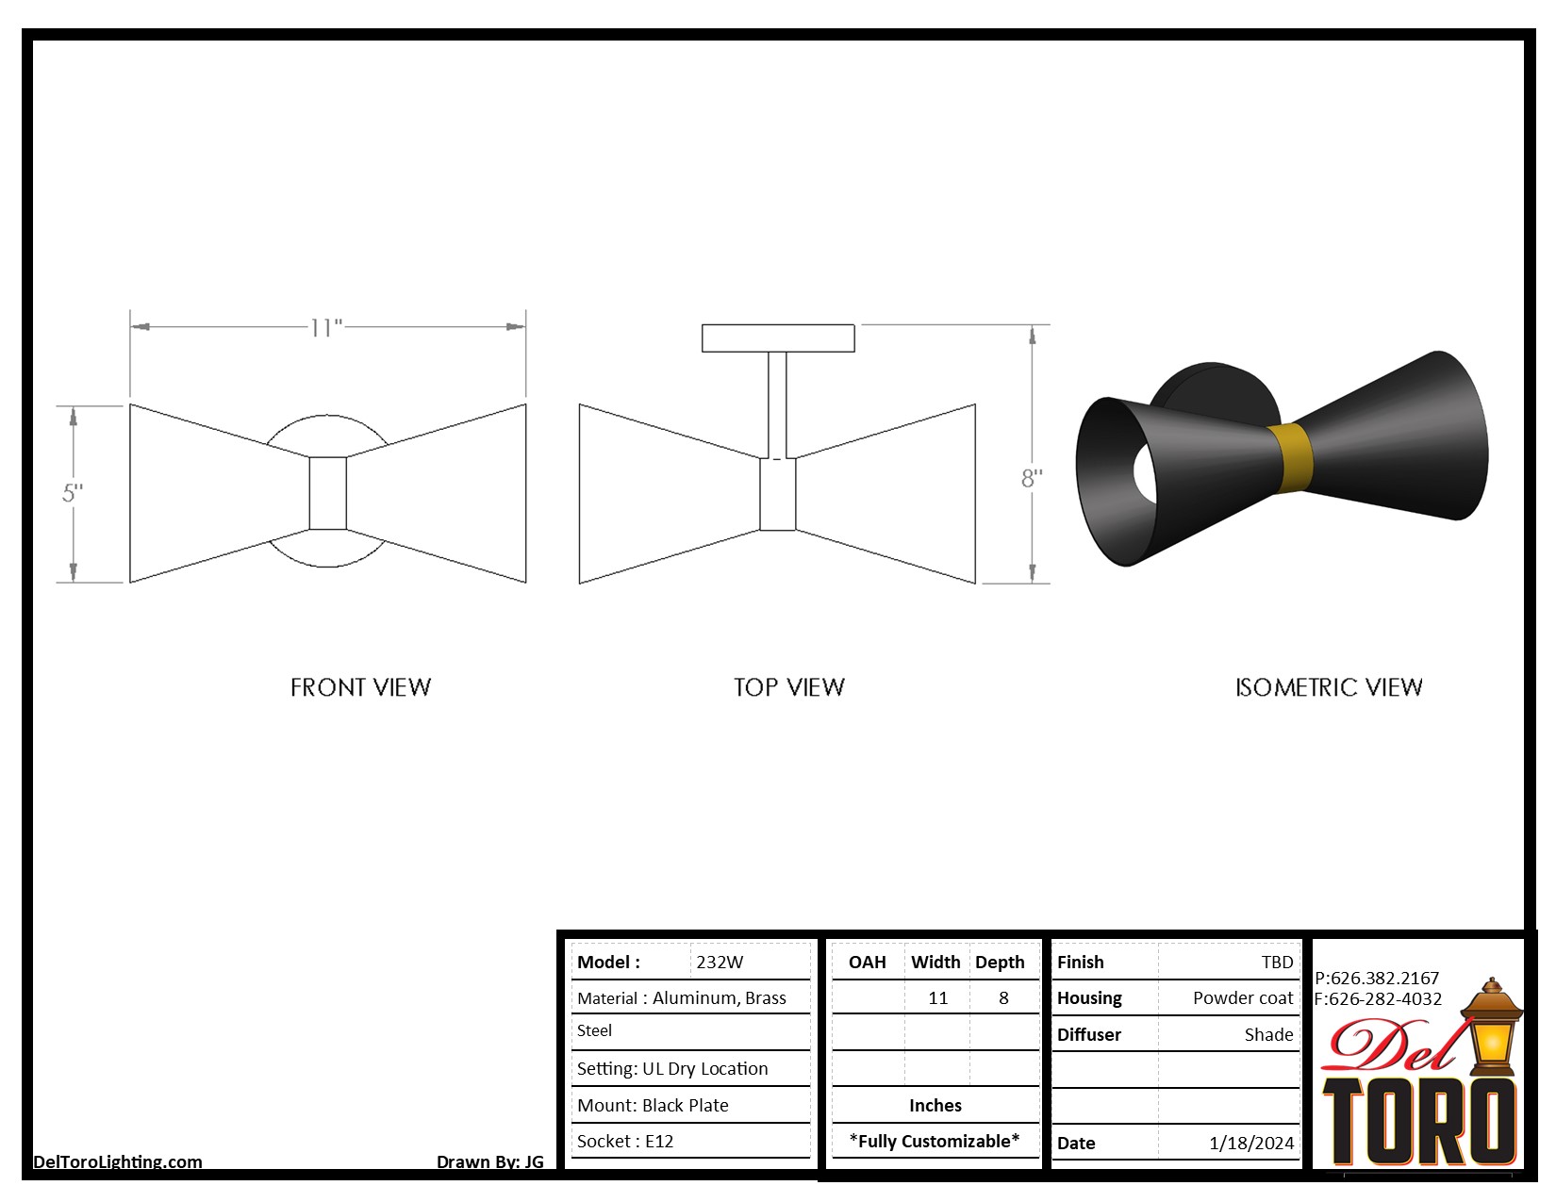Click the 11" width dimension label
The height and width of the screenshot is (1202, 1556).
point(326,328)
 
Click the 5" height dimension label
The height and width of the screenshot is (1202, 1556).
point(73,493)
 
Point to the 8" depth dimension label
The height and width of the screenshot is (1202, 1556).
point(1032,479)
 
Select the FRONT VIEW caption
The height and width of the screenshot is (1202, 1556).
point(360,687)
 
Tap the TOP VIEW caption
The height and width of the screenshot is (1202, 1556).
point(789,687)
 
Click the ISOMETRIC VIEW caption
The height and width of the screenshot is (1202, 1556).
point(1328,687)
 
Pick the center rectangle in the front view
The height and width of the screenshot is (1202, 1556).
point(328,493)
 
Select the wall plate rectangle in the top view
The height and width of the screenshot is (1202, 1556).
point(778,338)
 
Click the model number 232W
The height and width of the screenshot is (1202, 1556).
point(720,963)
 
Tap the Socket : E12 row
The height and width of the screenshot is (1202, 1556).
point(625,1142)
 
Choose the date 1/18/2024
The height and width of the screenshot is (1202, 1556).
point(1251,1144)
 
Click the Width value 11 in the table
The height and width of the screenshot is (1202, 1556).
point(937,998)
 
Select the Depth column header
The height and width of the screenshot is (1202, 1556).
point(1000,963)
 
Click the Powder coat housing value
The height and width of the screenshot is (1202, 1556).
point(1243,998)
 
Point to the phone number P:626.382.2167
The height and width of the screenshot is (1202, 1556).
point(1377,979)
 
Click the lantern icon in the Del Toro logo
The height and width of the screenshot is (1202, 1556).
point(1492,1028)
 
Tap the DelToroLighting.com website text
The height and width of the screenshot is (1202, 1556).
point(118,1161)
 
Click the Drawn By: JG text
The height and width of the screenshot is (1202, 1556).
point(489,1161)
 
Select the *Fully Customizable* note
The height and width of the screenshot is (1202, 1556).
point(934,1142)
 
